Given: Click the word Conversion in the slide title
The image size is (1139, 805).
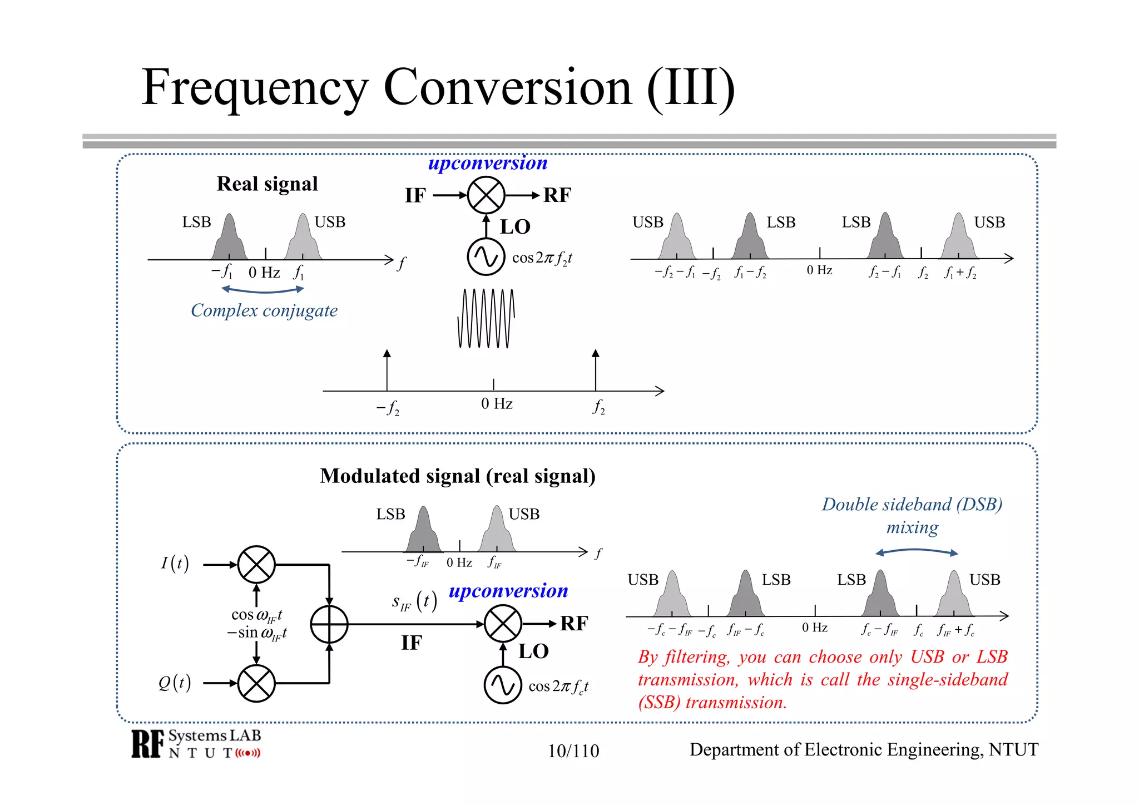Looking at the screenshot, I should click(507, 88).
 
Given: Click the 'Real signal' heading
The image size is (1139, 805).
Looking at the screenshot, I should click(267, 184).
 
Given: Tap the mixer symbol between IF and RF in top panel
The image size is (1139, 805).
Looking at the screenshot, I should click(486, 195).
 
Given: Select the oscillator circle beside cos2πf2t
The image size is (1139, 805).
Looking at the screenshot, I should click(486, 256).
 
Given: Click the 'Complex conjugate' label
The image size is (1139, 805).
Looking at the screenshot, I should click(264, 310).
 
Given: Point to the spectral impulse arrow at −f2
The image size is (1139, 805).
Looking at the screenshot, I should click(387, 370).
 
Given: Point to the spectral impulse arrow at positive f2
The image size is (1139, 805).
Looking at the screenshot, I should click(596, 370).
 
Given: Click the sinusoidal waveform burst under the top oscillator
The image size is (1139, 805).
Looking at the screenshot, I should click(486, 318).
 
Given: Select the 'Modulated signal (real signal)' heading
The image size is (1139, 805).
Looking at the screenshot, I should click(457, 476).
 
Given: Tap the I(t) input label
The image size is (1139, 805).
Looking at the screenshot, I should click(175, 564).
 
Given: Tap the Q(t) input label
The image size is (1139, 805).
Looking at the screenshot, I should click(175, 683).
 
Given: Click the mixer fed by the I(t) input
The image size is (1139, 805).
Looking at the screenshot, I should click(256, 564).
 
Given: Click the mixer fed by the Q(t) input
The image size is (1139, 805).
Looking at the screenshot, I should click(256, 683).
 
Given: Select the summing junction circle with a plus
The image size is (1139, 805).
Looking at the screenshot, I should click(329, 624).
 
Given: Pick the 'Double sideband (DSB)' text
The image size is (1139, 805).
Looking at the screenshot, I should click(912, 505).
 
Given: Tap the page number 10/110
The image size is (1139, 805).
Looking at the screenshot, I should click(573, 751).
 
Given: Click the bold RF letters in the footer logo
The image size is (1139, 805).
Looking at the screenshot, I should click(148, 744).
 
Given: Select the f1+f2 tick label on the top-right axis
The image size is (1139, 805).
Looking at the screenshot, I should click(960, 273).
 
